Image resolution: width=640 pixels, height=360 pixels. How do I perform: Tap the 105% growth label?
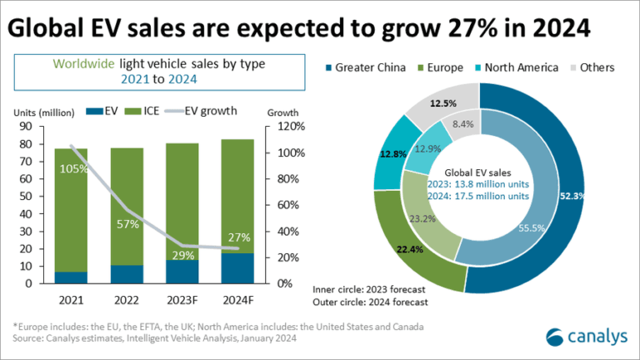72,170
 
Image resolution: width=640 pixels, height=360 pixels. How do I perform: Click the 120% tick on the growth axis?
277,127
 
